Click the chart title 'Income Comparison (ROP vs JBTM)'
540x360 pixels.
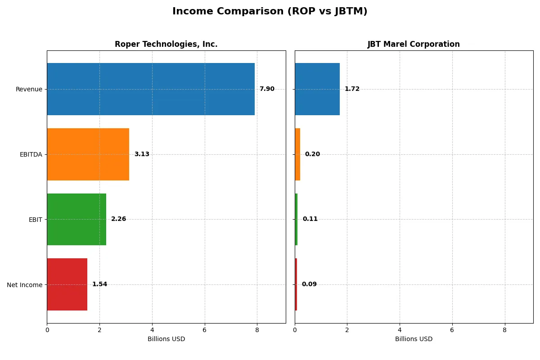click(x=270, y=12)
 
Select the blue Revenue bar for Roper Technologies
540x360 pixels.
click(x=151, y=89)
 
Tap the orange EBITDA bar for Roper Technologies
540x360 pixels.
click(x=88, y=154)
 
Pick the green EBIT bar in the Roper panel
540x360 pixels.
click(x=76, y=219)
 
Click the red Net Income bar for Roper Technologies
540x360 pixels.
click(x=67, y=284)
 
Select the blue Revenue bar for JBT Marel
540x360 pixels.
click(x=317, y=89)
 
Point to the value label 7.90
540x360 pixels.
click(x=267, y=89)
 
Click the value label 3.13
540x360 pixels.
click(x=142, y=154)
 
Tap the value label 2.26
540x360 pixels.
click(x=119, y=219)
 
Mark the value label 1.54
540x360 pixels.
click(x=100, y=284)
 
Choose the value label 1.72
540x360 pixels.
click(x=352, y=89)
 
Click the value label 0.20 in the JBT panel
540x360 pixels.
click(x=312, y=154)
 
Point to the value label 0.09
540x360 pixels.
click(x=309, y=284)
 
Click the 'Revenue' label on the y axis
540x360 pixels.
click(x=29, y=89)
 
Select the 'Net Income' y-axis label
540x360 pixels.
click(x=25, y=284)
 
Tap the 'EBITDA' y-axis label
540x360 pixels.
click(x=31, y=154)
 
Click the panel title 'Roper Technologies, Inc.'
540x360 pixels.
click(x=166, y=44)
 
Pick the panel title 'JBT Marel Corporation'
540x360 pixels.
click(x=414, y=44)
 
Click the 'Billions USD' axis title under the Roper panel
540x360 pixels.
click(x=166, y=339)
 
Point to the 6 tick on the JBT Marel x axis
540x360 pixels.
click(x=452, y=329)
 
